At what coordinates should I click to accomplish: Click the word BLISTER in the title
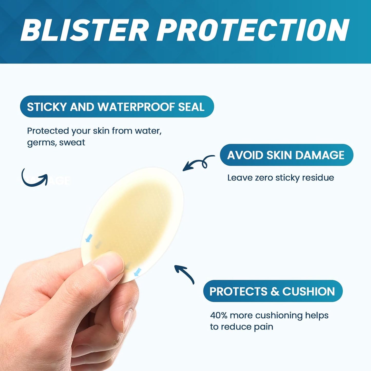(84, 30)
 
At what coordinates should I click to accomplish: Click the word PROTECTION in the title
(253, 30)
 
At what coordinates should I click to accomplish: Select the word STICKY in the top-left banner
(47, 107)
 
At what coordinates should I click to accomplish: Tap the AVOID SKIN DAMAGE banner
(286, 155)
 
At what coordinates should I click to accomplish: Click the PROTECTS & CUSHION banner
(273, 291)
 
